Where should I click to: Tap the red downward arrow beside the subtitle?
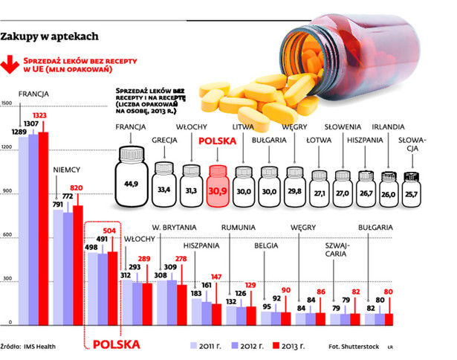pyautogui.click(x=11, y=64)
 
